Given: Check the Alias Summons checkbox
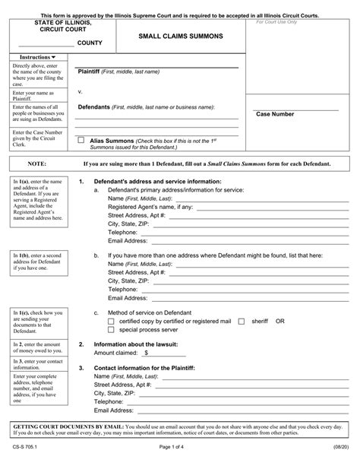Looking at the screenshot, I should coord(82,141).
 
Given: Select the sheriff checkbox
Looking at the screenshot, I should coord(241,322).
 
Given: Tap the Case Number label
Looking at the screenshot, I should coord(275,114).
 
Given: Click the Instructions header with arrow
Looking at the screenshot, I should coord(37,58).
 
